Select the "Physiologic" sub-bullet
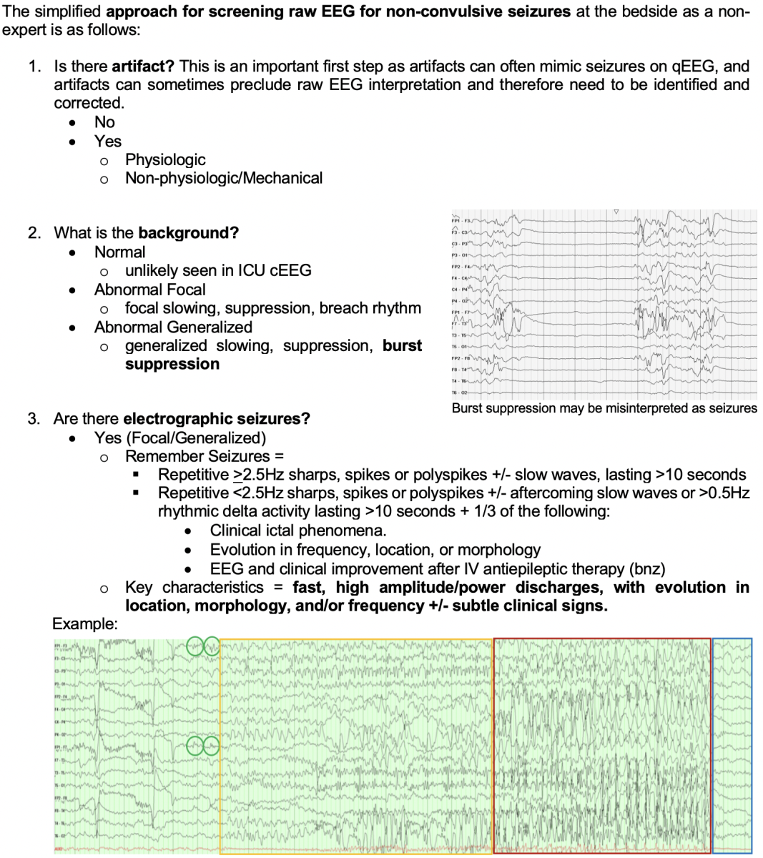pos(165,159)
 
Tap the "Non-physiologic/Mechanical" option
pos(224,178)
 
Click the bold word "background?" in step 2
pos(188,233)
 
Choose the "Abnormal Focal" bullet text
pos(149,290)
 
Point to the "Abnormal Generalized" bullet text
pos(173,327)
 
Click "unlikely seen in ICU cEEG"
pos(218,270)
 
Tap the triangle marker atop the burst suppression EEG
pos(616,212)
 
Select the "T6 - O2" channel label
pos(458,393)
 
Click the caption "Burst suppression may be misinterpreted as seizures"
pos(604,408)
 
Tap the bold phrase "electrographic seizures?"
pos(217,418)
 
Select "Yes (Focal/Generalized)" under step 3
pos(180,438)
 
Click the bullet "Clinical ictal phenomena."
pos(298,531)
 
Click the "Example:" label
pos(85,623)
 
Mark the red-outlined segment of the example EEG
pos(602,745)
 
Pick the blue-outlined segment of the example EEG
pos(732,745)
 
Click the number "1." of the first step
pos(34,66)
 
